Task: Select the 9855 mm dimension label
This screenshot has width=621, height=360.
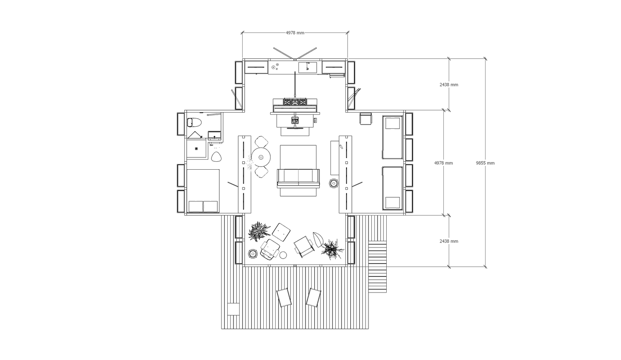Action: pos(485,163)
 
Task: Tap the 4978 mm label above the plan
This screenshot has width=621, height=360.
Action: pos(295,33)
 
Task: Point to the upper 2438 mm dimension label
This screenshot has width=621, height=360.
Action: pos(449,84)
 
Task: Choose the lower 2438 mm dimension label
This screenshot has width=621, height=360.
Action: pos(449,241)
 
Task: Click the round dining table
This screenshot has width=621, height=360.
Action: pos(261,157)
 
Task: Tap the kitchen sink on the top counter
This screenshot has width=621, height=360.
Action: pos(308,67)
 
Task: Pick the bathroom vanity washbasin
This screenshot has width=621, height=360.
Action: pos(214,136)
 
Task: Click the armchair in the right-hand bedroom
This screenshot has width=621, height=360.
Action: pos(366,119)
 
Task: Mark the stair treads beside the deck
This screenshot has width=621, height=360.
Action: pos(377,266)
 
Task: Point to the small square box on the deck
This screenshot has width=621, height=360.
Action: pos(233,309)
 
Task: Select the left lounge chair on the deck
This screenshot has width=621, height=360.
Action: pos(284,298)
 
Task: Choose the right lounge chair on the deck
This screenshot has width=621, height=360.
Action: pos(313,298)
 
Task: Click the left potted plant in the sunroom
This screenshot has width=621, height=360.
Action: pos(259,231)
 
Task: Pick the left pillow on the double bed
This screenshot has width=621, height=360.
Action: pos(196,206)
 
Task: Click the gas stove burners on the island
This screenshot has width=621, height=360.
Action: pos(295,102)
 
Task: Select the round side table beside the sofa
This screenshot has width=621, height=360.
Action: pos(334,183)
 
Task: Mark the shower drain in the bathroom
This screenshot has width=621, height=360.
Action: pos(196,149)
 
